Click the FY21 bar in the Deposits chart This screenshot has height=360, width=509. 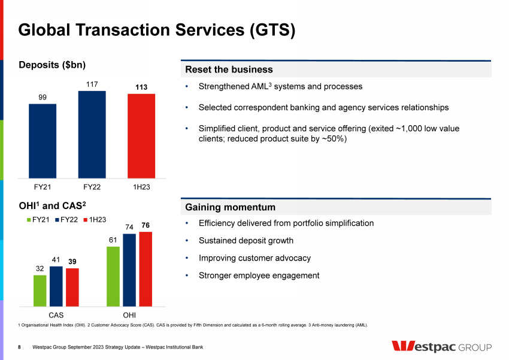(43, 141)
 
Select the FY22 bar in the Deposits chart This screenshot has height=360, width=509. (92, 134)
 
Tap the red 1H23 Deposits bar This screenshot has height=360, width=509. (141, 135)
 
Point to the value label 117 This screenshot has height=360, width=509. (92, 84)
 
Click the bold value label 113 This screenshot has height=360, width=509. (141, 87)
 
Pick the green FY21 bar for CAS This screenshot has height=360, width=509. (40, 291)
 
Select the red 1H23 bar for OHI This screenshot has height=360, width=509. (146, 269)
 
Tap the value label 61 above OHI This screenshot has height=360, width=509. (113, 240)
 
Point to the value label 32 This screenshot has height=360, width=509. (40, 269)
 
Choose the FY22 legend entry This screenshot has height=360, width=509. (68, 220)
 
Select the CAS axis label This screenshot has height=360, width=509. (56, 314)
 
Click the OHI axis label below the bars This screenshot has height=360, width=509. (129, 314)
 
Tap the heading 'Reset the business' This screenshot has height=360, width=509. (229, 69)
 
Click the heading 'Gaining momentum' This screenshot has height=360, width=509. (231, 207)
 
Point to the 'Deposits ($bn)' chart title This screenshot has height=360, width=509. (55, 65)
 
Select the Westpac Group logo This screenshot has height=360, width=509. (441, 347)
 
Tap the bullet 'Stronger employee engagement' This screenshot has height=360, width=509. (259, 276)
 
